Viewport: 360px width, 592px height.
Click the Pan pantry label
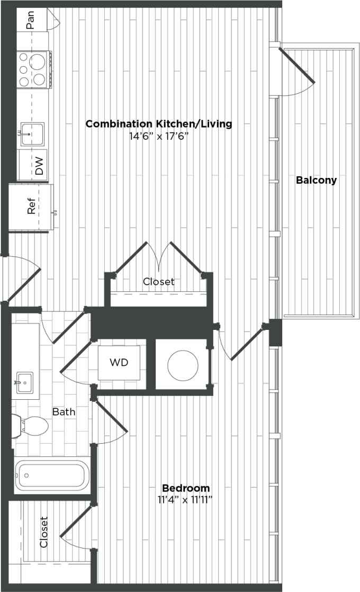[31, 21]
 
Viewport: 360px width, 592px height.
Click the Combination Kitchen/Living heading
[159, 124]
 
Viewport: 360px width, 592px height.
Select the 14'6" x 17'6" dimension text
[159, 137]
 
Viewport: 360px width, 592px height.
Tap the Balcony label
[316, 180]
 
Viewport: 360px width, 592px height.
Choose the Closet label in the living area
[158, 282]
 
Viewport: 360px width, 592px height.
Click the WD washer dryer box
[119, 362]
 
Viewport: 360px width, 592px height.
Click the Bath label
[64, 411]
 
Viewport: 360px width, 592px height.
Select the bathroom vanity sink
[24, 382]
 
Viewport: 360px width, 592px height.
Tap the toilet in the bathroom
[33, 425]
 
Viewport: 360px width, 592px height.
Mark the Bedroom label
[186, 488]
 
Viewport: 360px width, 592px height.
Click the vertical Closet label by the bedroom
[44, 532]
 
